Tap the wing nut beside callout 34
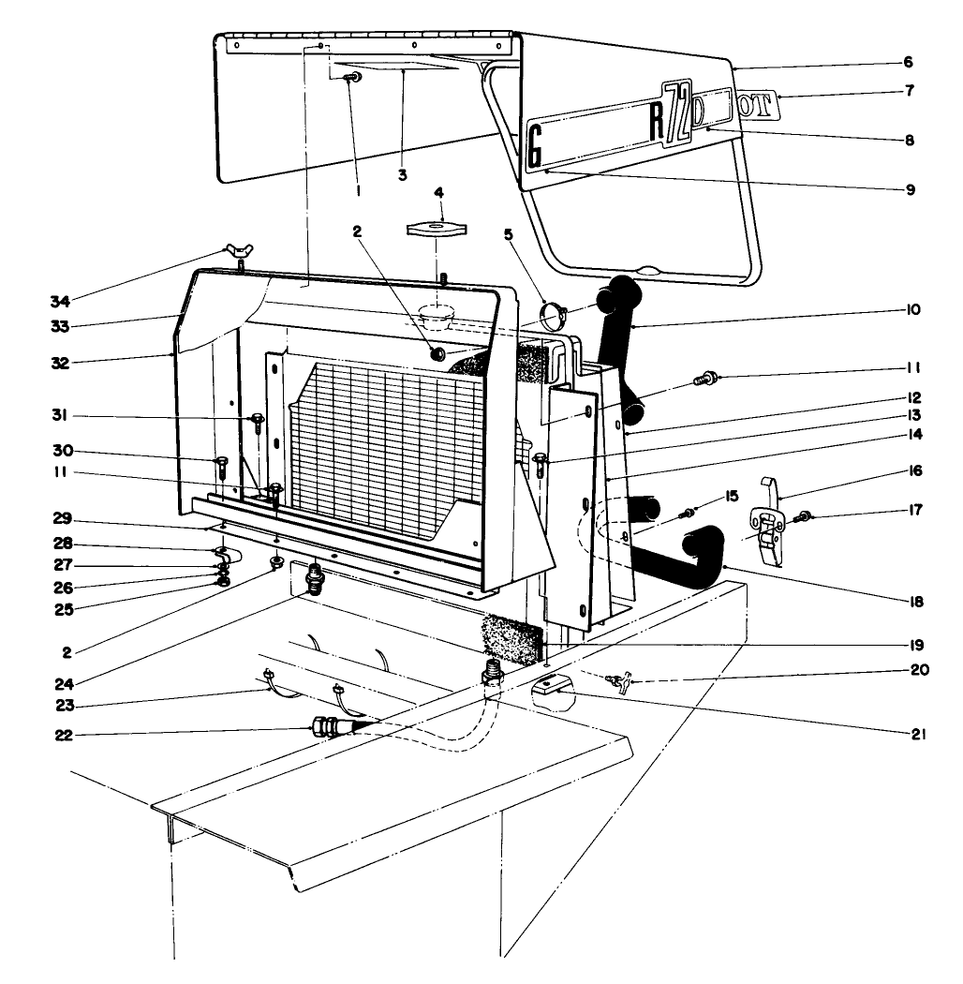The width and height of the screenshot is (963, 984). [233, 251]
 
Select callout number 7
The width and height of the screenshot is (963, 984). [910, 92]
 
